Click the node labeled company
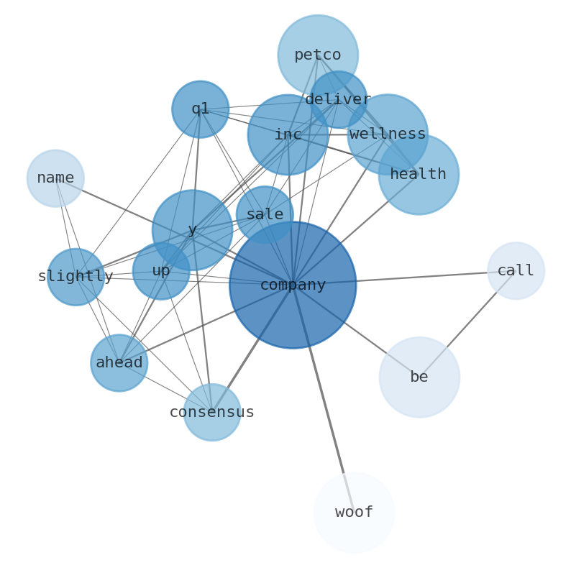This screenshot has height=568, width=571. coord(293,285)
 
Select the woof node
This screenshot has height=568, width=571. coord(354,513)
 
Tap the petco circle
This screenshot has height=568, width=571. coord(318,55)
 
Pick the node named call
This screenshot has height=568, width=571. coord(516,271)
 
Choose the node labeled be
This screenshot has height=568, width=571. coord(419,377)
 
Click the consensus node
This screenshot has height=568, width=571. coord(211,412)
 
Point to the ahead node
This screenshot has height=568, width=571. coord(119,363)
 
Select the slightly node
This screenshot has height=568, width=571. coord(76,277)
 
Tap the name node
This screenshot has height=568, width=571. coord(55,178)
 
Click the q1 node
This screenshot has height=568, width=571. coord(201,109)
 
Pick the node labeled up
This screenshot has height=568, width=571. coord(161,271)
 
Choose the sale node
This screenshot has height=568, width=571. coord(265,214)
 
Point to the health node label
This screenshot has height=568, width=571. coord(419,174)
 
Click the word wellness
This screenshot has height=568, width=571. coord(388,134)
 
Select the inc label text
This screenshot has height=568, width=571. coord(288,134)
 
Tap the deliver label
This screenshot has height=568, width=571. coord(338,99)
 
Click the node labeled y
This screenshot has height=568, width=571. coord(192,230)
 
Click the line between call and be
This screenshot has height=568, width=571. coord(467,324)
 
